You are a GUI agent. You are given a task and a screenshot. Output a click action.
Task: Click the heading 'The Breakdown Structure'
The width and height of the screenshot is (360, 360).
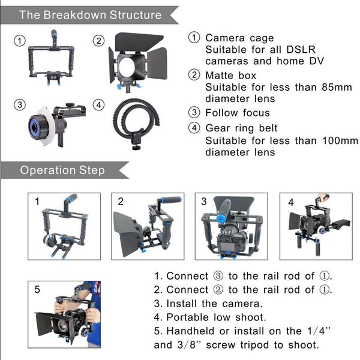91,14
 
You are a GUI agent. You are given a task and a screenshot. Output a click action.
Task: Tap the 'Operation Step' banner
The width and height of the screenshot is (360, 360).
62,170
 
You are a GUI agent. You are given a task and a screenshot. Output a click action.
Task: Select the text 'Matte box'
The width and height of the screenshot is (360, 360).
231,76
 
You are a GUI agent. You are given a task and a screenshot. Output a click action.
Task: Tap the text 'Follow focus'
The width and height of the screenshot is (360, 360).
238,113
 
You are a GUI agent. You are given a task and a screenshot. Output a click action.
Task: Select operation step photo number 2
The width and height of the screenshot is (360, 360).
147,226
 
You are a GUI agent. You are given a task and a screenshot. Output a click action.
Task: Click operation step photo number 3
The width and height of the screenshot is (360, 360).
231,226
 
